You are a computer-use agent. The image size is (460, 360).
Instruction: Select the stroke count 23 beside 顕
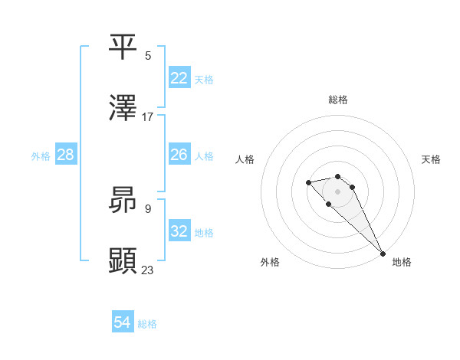click(x=148, y=270)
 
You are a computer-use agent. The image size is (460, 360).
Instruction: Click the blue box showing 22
click(x=179, y=78)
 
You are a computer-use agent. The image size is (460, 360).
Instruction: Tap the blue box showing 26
click(x=179, y=155)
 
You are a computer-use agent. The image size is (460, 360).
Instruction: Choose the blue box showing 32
click(x=179, y=231)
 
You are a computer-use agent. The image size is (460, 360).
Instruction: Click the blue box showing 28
click(x=66, y=155)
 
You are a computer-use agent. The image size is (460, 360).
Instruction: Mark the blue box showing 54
click(x=123, y=322)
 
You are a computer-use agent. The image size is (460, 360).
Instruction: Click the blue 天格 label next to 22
click(x=204, y=80)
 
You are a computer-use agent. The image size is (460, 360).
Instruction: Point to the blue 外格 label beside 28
click(x=41, y=156)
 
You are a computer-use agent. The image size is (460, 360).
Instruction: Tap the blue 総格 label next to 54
click(x=147, y=324)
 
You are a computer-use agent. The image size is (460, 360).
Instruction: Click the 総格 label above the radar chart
click(x=338, y=100)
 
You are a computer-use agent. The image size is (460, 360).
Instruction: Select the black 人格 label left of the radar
click(x=245, y=159)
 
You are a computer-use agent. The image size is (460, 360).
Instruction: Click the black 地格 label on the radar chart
click(x=402, y=262)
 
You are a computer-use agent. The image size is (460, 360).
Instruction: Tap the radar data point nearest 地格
click(x=383, y=254)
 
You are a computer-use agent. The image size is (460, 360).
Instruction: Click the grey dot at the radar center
click(x=338, y=191)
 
